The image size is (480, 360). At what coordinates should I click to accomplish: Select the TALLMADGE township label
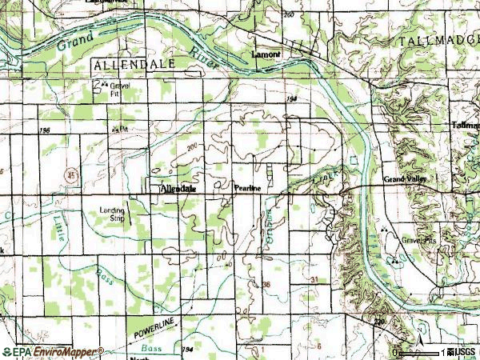(435, 40)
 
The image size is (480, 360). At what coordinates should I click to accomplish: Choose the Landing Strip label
(111, 214)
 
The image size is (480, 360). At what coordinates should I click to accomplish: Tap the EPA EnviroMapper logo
(52, 351)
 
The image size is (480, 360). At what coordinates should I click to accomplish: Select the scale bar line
(420, 353)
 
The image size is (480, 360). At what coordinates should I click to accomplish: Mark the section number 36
(266, 284)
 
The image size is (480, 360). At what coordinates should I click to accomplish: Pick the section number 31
(314, 279)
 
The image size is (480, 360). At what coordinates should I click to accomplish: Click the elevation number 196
(44, 129)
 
